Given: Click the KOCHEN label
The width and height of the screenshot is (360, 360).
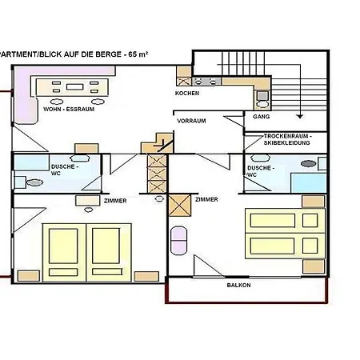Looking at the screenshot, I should pos(187,93).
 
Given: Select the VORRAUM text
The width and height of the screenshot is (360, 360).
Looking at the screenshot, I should pos(191,120).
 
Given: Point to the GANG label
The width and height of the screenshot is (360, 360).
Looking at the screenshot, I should pos(262,117).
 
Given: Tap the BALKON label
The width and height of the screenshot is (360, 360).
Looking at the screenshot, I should pos(238,286).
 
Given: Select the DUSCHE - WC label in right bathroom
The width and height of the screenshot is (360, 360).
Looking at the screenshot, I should pos(258,170).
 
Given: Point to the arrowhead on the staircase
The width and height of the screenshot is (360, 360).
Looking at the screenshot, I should pos(299,114).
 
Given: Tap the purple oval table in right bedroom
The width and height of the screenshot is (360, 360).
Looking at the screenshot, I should pos(178,239).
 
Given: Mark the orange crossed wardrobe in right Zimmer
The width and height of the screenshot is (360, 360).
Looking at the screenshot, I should pos(180,206).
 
